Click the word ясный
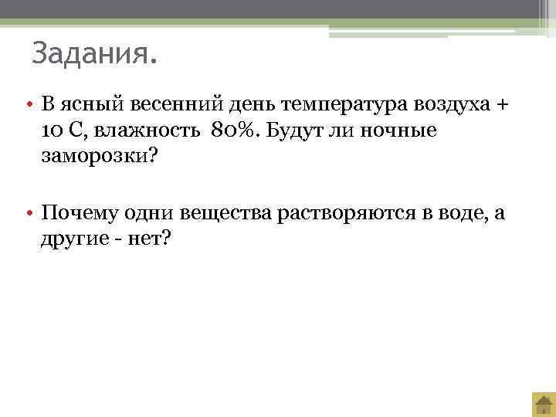point(85,103)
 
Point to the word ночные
point(401,131)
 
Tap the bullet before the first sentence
point(26,104)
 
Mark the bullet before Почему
point(26,213)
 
